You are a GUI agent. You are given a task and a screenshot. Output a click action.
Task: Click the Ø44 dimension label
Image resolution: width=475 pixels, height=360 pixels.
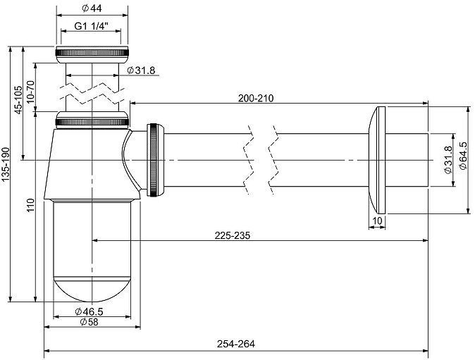pyautogui.click(x=92, y=9)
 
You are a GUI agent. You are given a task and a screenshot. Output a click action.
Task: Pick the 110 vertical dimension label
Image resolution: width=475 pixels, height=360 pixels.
pyautogui.click(x=30, y=207)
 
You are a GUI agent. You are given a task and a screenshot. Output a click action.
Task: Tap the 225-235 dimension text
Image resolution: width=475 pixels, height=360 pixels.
pyautogui.click(x=233, y=235)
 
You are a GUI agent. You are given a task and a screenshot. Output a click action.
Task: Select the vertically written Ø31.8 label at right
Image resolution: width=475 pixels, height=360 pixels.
pyautogui.click(x=446, y=159)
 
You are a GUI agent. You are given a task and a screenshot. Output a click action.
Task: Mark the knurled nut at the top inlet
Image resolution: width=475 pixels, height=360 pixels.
pyautogui.click(x=92, y=54)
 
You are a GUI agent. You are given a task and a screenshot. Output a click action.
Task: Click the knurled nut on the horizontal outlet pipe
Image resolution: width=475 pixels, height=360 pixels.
pyautogui.click(x=155, y=160)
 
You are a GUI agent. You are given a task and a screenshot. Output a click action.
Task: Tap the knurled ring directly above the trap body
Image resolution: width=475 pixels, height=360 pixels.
pyautogui.click(x=92, y=120)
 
